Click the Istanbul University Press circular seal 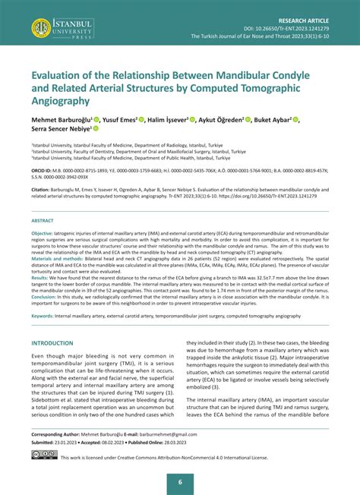coord(41,29)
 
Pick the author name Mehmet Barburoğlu coord(60,120)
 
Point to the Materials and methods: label coord(58,258)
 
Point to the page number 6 coord(180,482)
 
